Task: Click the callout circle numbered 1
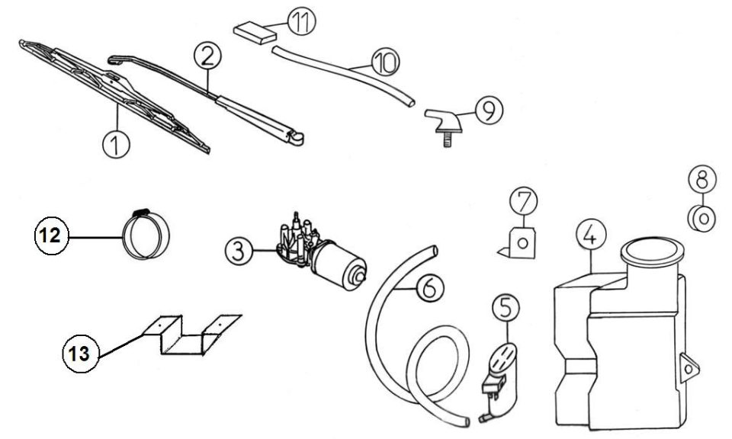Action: (x=116, y=144)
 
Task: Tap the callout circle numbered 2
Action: (x=207, y=56)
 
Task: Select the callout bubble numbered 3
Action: (x=239, y=252)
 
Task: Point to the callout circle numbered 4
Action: (x=591, y=235)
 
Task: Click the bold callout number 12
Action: (x=51, y=236)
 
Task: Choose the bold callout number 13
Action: (x=80, y=353)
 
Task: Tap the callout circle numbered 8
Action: (x=702, y=179)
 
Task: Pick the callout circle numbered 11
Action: (x=302, y=21)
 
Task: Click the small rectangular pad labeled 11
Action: (x=255, y=34)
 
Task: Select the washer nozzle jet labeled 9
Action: (x=443, y=121)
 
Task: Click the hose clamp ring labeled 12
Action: (x=146, y=234)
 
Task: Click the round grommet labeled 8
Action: (x=702, y=218)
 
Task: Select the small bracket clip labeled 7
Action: (x=518, y=243)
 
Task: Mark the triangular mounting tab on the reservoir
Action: (x=689, y=369)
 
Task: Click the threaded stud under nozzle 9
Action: (x=448, y=139)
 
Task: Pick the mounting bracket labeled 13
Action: (x=192, y=335)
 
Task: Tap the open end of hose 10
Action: (x=410, y=102)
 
